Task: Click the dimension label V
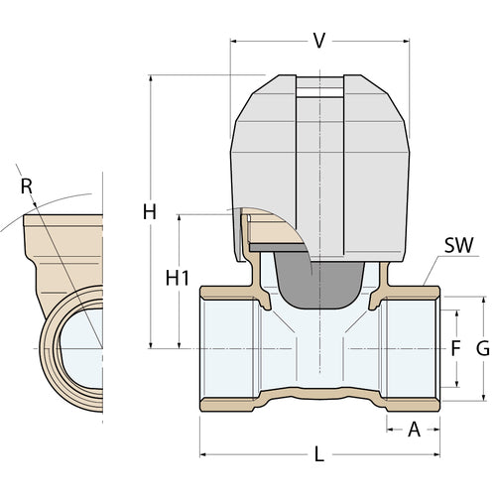(319, 41)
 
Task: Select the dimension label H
(150, 212)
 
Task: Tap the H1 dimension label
(178, 278)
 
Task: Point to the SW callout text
(458, 245)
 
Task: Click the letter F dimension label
(456, 348)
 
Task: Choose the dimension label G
(483, 348)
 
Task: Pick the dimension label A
(414, 430)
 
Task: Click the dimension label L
(318, 454)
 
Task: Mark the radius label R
(27, 186)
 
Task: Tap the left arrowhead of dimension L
(203, 454)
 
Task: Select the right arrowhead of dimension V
(406, 42)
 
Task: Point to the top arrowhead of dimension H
(151, 78)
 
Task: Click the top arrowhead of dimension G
(484, 300)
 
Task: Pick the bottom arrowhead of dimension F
(457, 384)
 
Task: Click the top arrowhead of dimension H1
(180, 218)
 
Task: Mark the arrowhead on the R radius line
(35, 204)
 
